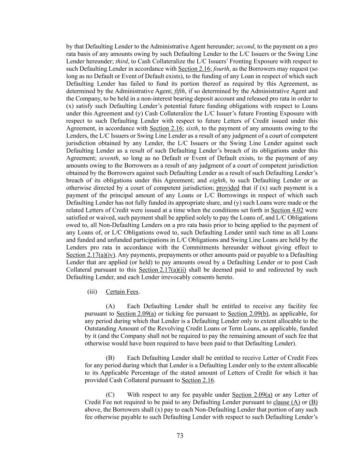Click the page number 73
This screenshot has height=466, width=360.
click(x=180, y=436)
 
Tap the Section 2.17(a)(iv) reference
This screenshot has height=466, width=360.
click(x=90, y=255)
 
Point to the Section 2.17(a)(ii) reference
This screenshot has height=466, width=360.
click(x=162, y=270)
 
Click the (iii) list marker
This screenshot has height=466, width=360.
click(x=92, y=292)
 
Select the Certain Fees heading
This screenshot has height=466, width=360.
click(x=122, y=292)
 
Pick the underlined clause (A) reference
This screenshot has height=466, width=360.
click(x=286, y=402)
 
